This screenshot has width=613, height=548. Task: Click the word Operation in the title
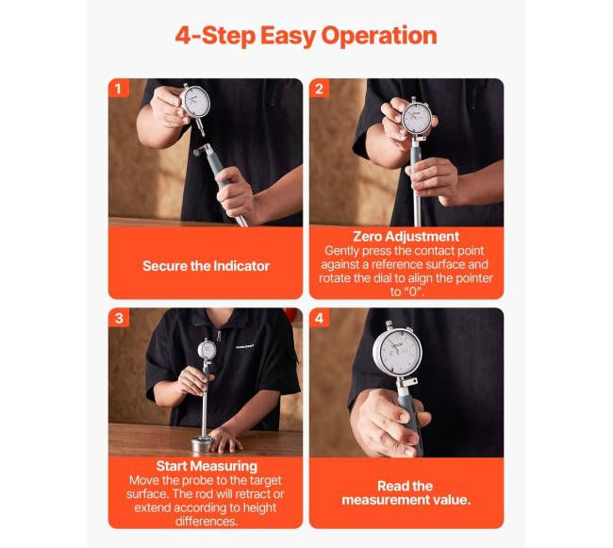379,36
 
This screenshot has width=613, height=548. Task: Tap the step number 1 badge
119,89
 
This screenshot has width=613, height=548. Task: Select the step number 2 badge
320,89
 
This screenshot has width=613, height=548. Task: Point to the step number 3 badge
119,318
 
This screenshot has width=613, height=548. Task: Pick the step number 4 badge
320,318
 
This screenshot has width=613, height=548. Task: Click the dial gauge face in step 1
196,101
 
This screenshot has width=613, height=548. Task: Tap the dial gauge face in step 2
417,118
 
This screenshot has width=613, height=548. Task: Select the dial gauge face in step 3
207,349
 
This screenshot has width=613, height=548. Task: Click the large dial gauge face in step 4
398,354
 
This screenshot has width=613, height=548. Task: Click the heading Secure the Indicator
206,266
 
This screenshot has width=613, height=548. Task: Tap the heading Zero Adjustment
406,236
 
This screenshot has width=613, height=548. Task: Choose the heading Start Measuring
207,466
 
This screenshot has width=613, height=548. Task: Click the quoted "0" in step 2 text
413,291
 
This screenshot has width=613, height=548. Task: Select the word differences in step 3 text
206,522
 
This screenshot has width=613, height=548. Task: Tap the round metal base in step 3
203,443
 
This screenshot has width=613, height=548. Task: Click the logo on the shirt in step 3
245,346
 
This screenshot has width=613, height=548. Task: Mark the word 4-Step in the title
215,35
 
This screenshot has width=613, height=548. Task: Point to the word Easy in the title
289,36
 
